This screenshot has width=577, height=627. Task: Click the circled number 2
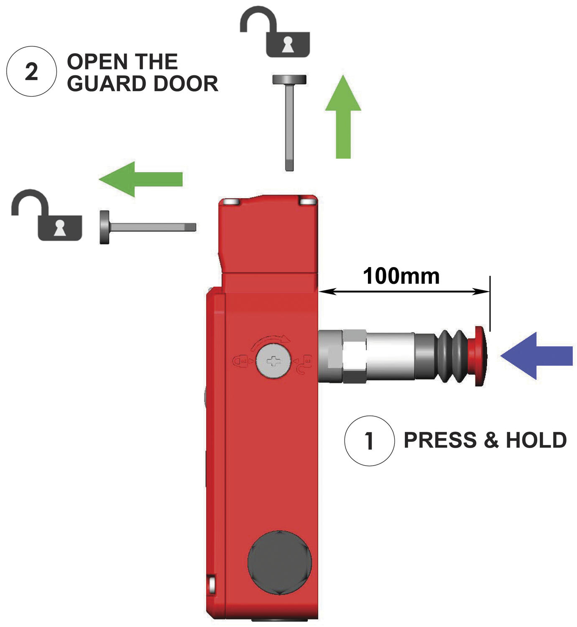[31, 71]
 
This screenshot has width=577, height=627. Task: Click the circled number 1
[369, 441]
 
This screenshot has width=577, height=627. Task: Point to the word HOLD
[536, 440]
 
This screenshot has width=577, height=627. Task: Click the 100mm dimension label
[401, 276]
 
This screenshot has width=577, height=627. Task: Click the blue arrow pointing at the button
[536, 356]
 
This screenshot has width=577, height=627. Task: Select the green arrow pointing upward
[343, 117]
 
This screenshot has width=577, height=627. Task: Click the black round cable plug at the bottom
[279, 562]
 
